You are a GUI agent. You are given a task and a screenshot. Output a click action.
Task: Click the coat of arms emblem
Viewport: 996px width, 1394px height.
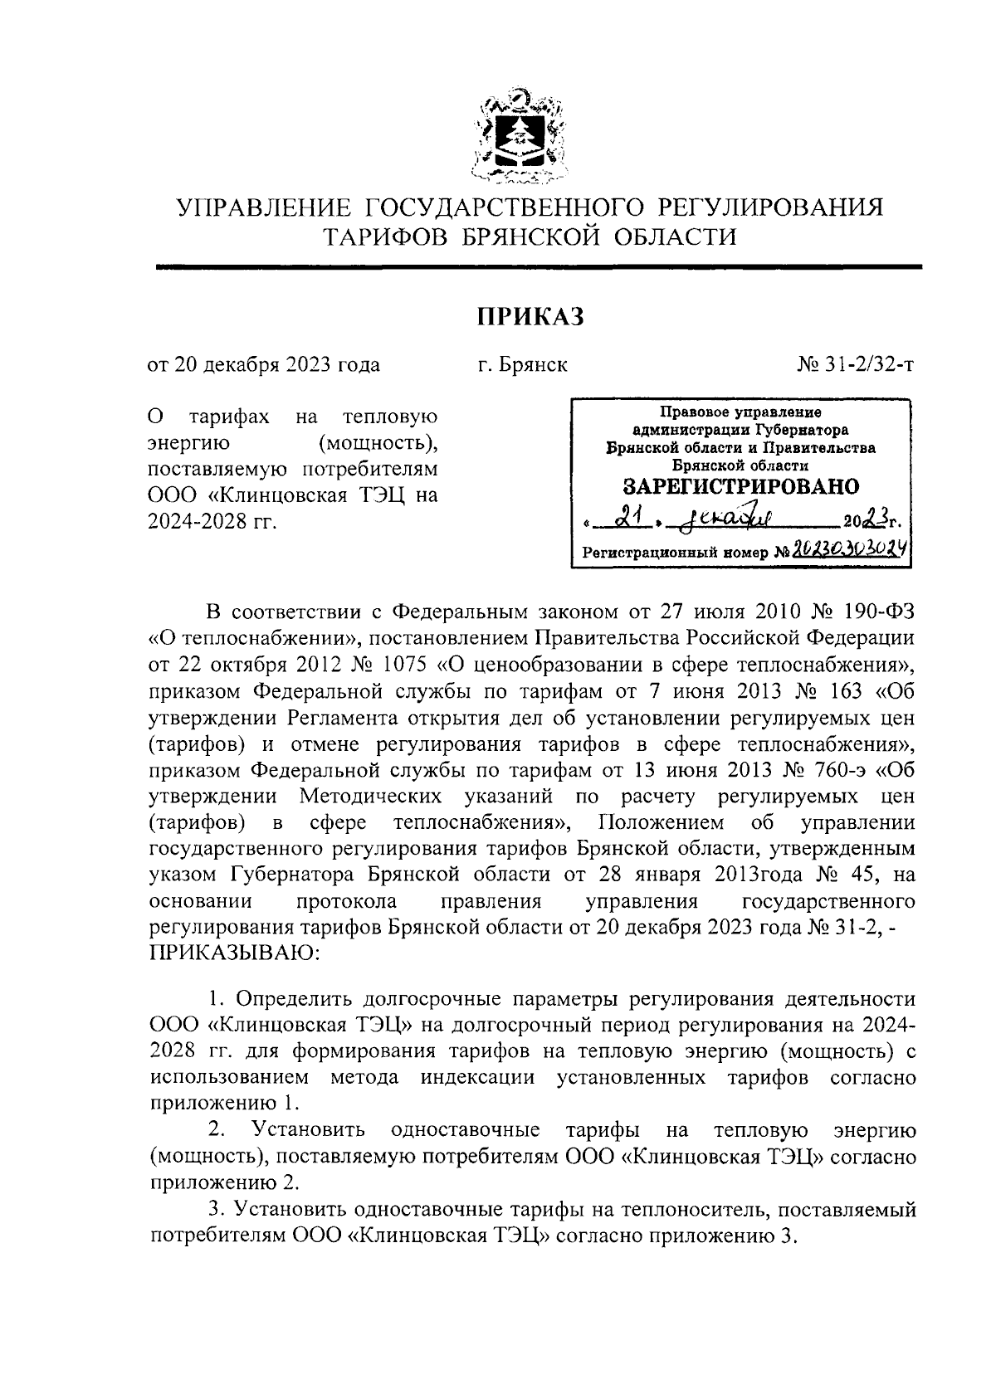[x=520, y=135]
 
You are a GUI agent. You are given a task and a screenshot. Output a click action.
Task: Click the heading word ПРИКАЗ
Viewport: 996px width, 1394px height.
[x=530, y=316]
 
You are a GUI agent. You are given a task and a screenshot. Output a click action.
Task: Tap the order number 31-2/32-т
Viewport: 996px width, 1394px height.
[x=862, y=365]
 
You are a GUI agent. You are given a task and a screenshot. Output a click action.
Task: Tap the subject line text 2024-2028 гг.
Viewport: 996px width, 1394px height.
[x=212, y=521]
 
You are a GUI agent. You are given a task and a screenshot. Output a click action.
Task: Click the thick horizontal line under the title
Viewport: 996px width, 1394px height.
[x=539, y=266]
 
